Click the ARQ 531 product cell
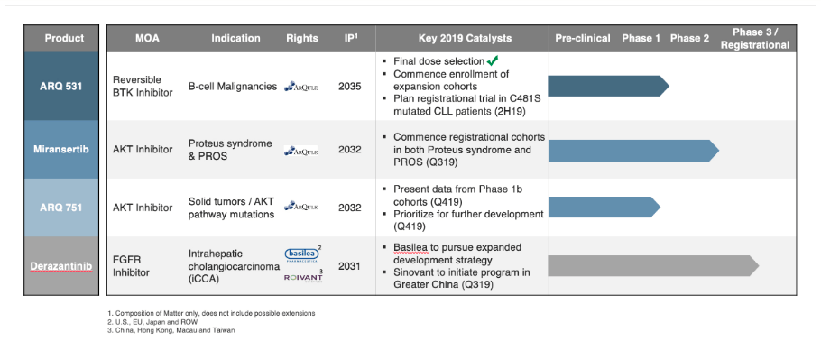click(x=61, y=87)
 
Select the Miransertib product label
click(x=61, y=150)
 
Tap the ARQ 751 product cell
click(x=61, y=208)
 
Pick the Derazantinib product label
click(x=61, y=266)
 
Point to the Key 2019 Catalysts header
click(x=465, y=38)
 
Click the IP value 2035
click(x=350, y=87)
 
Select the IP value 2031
click(x=350, y=266)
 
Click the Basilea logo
click(x=302, y=254)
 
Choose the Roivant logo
click(x=303, y=277)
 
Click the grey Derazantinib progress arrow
click(x=653, y=266)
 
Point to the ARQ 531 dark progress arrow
click(x=608, y=87)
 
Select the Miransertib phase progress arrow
click(x=633, y=150)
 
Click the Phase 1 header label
click(x=641, y=38)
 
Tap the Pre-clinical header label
click(x=583, y=38)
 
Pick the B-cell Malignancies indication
click(x=233, y=87)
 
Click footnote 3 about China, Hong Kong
click(x=171, y=331)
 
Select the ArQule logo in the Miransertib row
click(x=301, y=151)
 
